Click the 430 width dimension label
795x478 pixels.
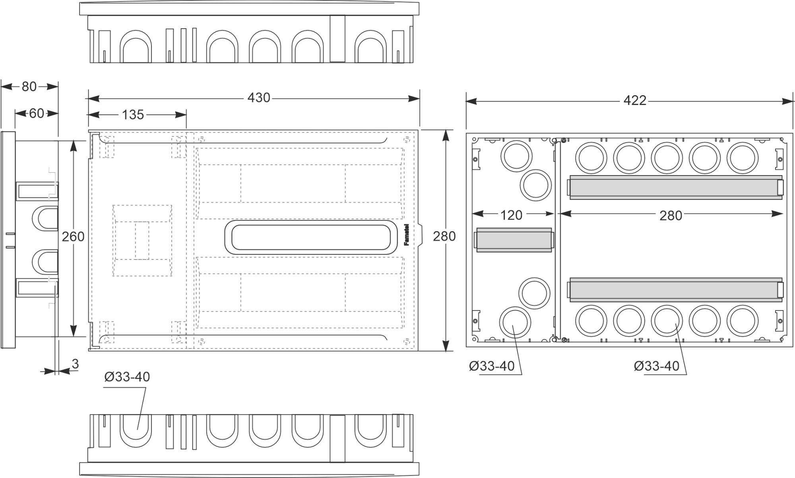pyautogui.click(x=259, y=98)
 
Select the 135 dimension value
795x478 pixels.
pyautogui.click(x=133, y=115)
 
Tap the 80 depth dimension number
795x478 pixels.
pyautogui.click(x=29, y=86)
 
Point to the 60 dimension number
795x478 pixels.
pyautogui.click(x=36, y=114)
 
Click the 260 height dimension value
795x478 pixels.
pyautogui.click(x=73, y=237)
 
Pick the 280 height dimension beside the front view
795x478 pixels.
pyautogui.click(x=444, y=236)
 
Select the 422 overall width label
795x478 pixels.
pyautogui.click(x=635, y=101)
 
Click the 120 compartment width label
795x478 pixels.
pyautogui.click(x=511, y=215)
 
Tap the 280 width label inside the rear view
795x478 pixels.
pyautogui.click(x=671, y=216)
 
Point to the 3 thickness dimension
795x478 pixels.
pyautogui.click(x=75, y=364)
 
